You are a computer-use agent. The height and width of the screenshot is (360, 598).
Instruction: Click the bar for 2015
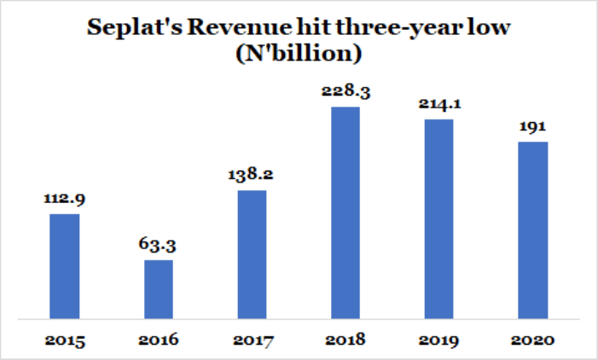64,266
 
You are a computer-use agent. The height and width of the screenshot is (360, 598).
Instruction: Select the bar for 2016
159,289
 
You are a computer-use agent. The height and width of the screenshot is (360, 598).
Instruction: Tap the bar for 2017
252,254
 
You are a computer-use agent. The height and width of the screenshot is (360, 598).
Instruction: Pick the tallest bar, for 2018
345,212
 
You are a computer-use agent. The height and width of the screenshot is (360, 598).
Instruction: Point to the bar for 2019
439,219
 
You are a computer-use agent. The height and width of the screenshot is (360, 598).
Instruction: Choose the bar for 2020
533,230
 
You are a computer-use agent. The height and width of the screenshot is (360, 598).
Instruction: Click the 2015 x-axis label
64,340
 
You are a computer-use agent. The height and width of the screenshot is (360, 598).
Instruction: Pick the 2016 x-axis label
159,340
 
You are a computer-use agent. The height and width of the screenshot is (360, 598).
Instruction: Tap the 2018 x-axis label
345,340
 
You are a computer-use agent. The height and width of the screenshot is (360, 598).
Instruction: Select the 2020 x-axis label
533,340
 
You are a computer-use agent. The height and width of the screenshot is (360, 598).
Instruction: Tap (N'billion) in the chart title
299,55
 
